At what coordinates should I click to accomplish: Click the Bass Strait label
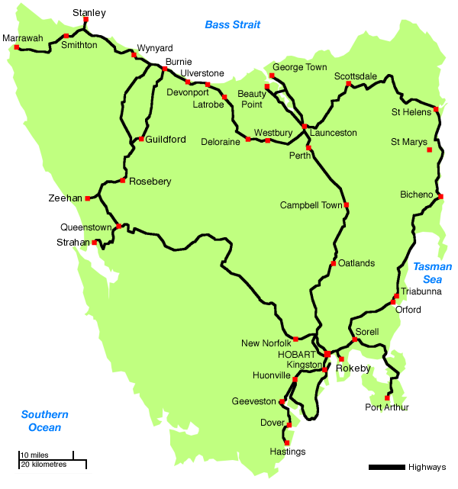233,25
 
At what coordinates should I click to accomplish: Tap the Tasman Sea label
432,273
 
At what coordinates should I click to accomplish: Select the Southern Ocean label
45,421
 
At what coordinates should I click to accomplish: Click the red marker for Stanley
85,21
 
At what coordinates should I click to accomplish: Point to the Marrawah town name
23,37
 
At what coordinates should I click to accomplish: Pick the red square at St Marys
430,150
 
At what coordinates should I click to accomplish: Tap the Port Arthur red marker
388,397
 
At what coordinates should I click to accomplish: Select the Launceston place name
334,133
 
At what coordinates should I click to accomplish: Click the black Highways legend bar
386,467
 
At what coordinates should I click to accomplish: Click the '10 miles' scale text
34,455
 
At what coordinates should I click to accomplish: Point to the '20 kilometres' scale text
44,465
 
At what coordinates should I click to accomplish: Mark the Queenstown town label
87,227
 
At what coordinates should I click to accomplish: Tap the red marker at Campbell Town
347,204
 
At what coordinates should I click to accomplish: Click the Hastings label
288,452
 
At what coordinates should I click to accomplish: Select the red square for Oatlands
333,264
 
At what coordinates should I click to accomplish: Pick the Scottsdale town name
355,76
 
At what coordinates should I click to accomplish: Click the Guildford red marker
141,139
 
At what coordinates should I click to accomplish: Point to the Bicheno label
416,195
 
